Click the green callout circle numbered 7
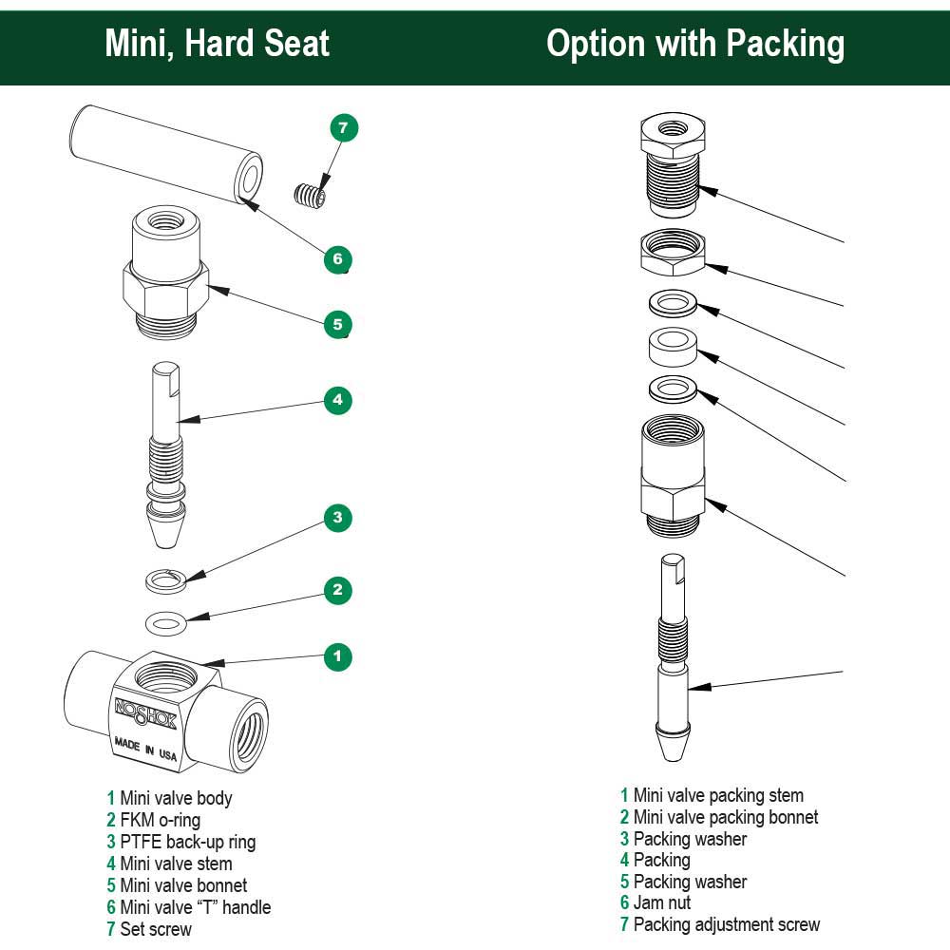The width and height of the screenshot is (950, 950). (x=344, y=127)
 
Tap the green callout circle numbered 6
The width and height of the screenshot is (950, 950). (x=337, y=258)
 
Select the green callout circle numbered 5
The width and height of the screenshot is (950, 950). (x=337, y=325)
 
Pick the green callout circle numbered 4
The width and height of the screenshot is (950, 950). (x=337, y=400)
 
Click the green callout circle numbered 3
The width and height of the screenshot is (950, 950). (x=337, y=518)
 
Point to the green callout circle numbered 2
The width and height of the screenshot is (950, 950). (x=337, y=590)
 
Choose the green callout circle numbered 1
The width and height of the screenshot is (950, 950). (x=337, y=655)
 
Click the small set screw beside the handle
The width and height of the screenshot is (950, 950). (x=309, y=196)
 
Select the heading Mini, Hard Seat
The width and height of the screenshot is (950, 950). (x=217, y=44)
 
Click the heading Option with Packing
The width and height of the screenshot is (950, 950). (x=695, y=44)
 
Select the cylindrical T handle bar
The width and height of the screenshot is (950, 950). (x=165, y=155)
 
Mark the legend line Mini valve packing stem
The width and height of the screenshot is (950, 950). (x=712, y=795)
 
